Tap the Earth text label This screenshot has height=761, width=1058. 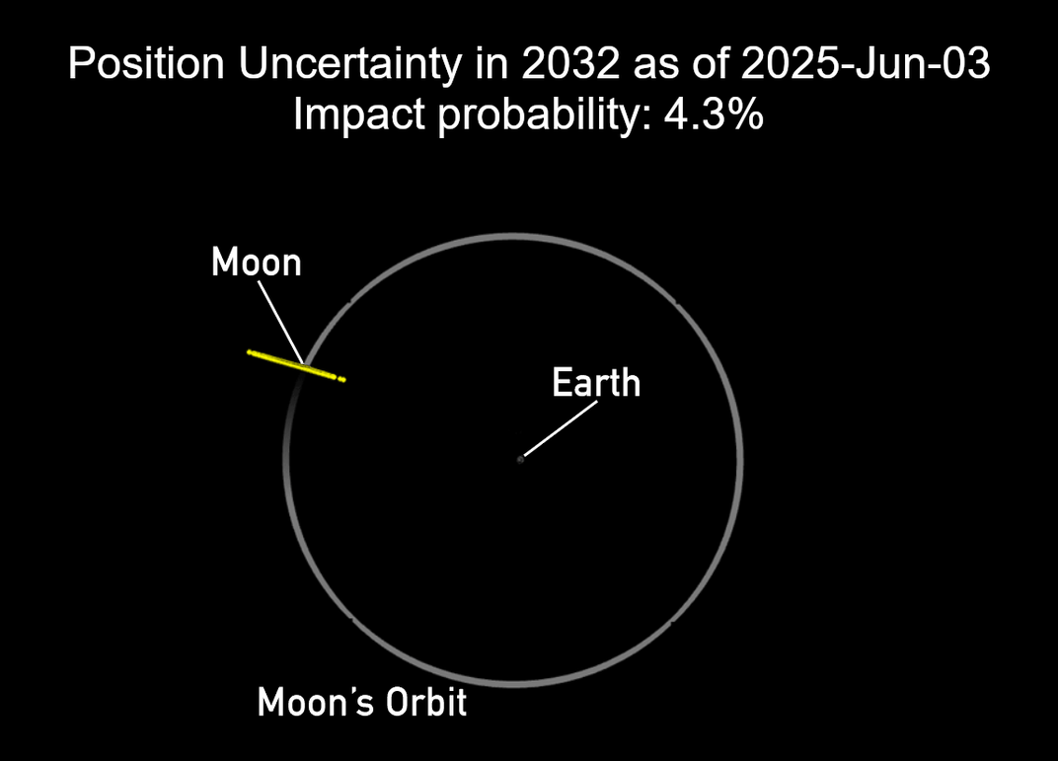tap(596, 382)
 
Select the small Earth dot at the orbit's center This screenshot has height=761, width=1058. tap(520, 459)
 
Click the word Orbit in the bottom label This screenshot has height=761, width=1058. tap(428, 703)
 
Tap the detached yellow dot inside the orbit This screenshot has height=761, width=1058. tap(341, 380)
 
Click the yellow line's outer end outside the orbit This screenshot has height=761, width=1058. tap(250, 351)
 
